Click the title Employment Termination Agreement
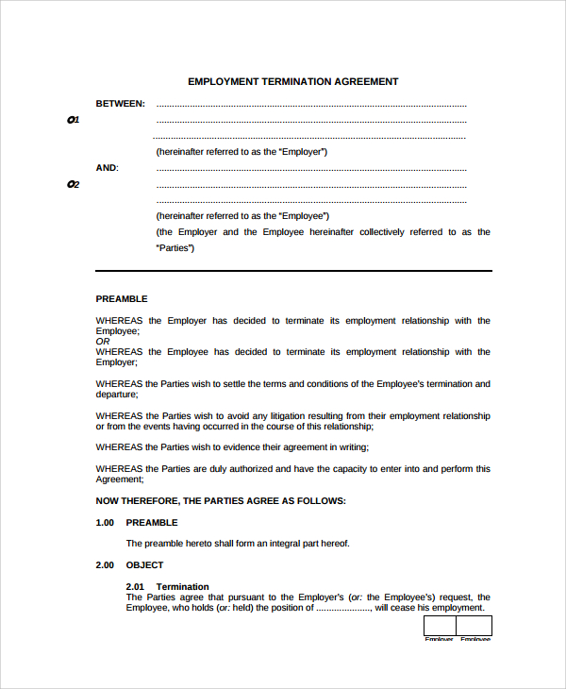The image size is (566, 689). [292, 82]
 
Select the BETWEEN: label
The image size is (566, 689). [120, 104]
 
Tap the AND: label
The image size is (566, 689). [108, 168]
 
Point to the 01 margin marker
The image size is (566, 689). [74, 120]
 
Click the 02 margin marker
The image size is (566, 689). [74, 184]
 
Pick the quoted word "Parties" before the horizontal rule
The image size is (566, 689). [175, 248]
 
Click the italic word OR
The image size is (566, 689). [102, 342]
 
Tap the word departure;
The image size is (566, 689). [117, 395]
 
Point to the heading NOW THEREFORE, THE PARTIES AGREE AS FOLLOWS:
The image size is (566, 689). [221, 500]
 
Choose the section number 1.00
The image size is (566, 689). [105, 522]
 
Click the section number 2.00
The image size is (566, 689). [105, 565]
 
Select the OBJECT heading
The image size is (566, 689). [144, 565]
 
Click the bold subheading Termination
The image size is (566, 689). [182, 587]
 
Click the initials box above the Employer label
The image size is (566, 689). [439, 626]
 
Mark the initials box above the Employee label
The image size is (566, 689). [474, 626]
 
